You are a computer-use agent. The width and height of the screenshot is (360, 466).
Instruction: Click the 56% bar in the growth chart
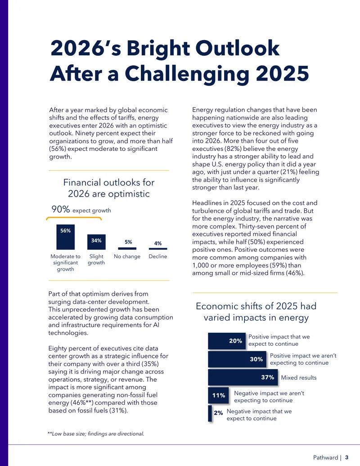65,237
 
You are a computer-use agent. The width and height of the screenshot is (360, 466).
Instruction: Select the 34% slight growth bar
96,242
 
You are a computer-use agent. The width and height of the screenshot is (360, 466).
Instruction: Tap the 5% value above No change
128,242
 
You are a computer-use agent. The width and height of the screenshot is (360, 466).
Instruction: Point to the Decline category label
157,256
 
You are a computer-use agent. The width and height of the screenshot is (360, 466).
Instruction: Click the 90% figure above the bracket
61,209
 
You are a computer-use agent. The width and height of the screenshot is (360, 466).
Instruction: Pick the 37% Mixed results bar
243,377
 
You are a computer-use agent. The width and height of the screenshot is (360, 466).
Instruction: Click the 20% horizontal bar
227,341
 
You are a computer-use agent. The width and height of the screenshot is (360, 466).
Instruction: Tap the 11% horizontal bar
218,395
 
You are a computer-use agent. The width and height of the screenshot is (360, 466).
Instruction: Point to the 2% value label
218,413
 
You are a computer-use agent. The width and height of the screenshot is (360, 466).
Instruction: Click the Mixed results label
299,377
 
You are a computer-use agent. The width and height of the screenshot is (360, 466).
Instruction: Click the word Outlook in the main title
237,48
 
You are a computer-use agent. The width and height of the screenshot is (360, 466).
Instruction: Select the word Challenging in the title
187,74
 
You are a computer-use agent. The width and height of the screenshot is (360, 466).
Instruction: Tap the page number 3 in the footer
346,457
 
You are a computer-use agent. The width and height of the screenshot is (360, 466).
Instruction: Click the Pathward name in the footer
325,457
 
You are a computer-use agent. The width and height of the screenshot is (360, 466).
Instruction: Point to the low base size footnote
96,434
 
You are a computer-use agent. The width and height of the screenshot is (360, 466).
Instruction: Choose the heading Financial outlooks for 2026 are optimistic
109,188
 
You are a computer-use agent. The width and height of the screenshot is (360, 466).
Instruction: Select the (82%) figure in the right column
232,149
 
